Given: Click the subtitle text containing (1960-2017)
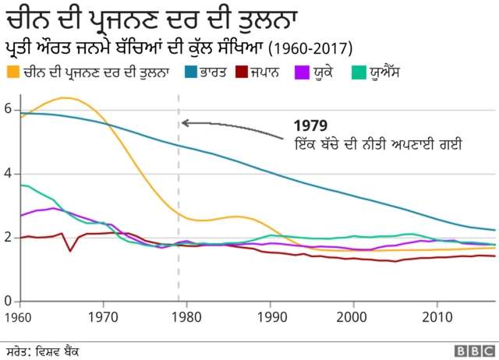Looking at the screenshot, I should [179, 47].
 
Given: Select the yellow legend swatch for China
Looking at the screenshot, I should [13, 73].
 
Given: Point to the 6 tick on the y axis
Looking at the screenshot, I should [7, 110].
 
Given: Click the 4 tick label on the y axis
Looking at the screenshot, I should [7, 174].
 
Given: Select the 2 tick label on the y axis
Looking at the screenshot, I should [7, 238].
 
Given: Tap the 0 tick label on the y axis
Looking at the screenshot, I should [7, 302].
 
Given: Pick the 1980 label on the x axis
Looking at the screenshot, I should [185, 317].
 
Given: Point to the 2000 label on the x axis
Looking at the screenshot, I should [352, 317].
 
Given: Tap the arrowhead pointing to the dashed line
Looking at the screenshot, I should [185, 122].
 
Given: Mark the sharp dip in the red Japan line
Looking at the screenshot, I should [70, 250].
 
